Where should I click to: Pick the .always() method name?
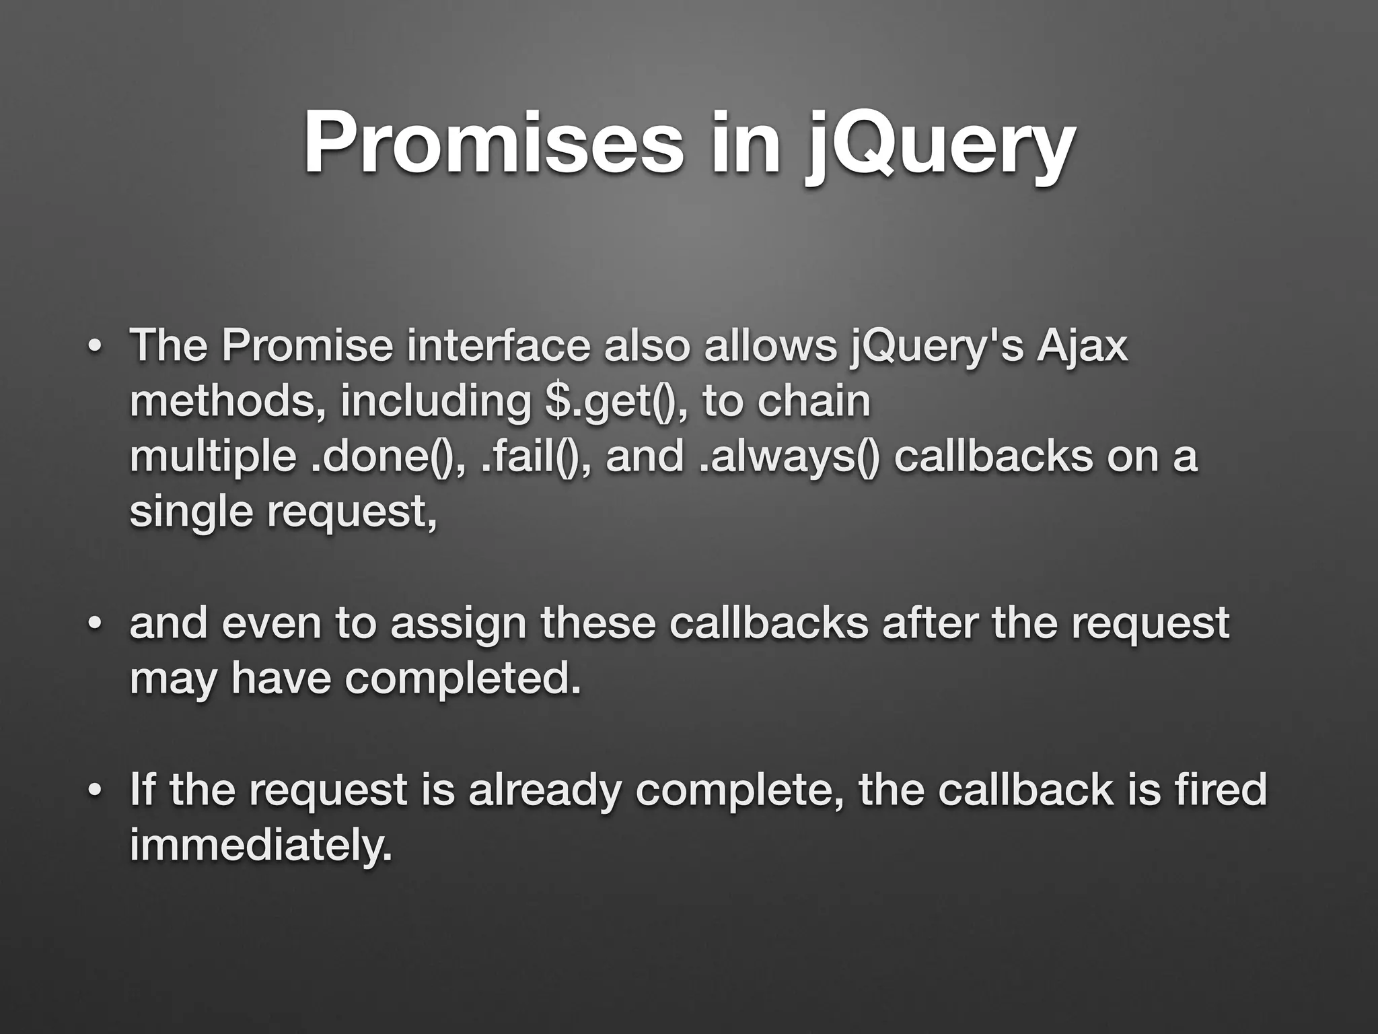click(789, 458)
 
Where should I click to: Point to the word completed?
click(462, 679)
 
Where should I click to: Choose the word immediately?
click(260, 846)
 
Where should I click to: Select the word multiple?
click(212, 458)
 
